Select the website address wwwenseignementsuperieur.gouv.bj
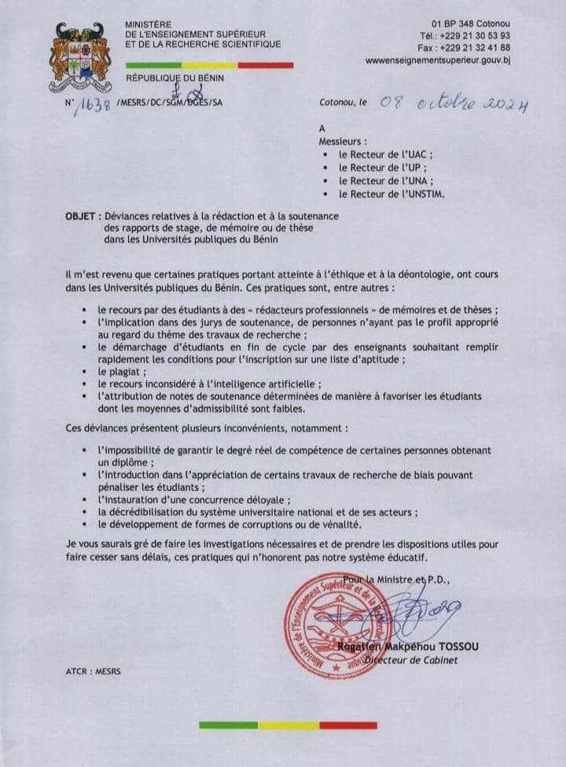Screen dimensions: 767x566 click(438, 59)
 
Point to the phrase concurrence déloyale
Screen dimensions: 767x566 click(244, 500)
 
